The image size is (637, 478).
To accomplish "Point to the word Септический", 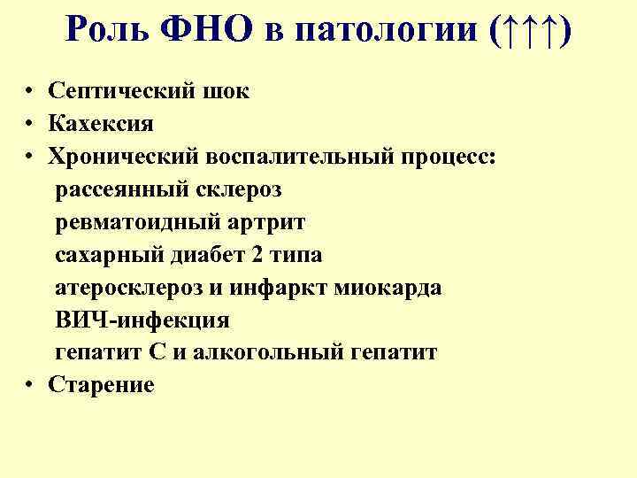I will pyautogui.click(x=124, y=91).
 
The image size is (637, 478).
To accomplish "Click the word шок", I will pyautogui.click(x=227, y=91).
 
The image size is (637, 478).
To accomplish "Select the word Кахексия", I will pyautogui.click(x=102, y=124).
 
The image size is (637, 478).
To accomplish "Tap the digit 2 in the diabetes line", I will pyautogui.click(x=257, y=255).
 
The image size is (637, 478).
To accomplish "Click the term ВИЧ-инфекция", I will pyautogui.click(x=142, y=320).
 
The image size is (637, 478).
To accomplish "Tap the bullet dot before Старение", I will pyautogui.click(x=30, y=386).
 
